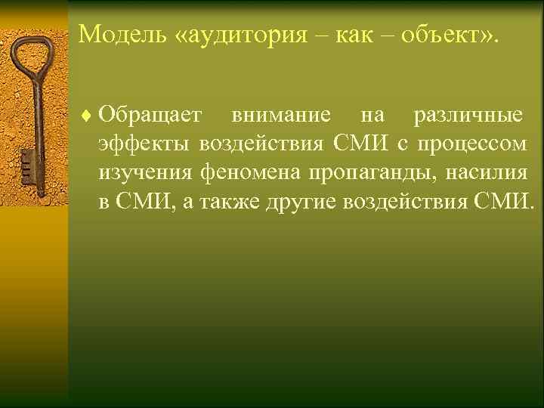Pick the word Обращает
click(x=150, y=116)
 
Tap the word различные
click(x=467, y=116)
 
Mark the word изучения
click(x=146, y=173)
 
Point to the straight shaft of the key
click(x=35, y=121)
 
